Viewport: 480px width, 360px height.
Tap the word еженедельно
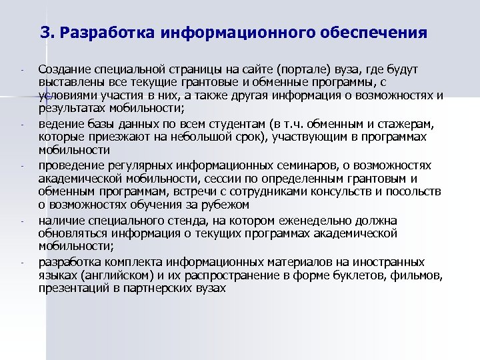[292, 221]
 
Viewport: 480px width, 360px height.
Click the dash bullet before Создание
[22, 69]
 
